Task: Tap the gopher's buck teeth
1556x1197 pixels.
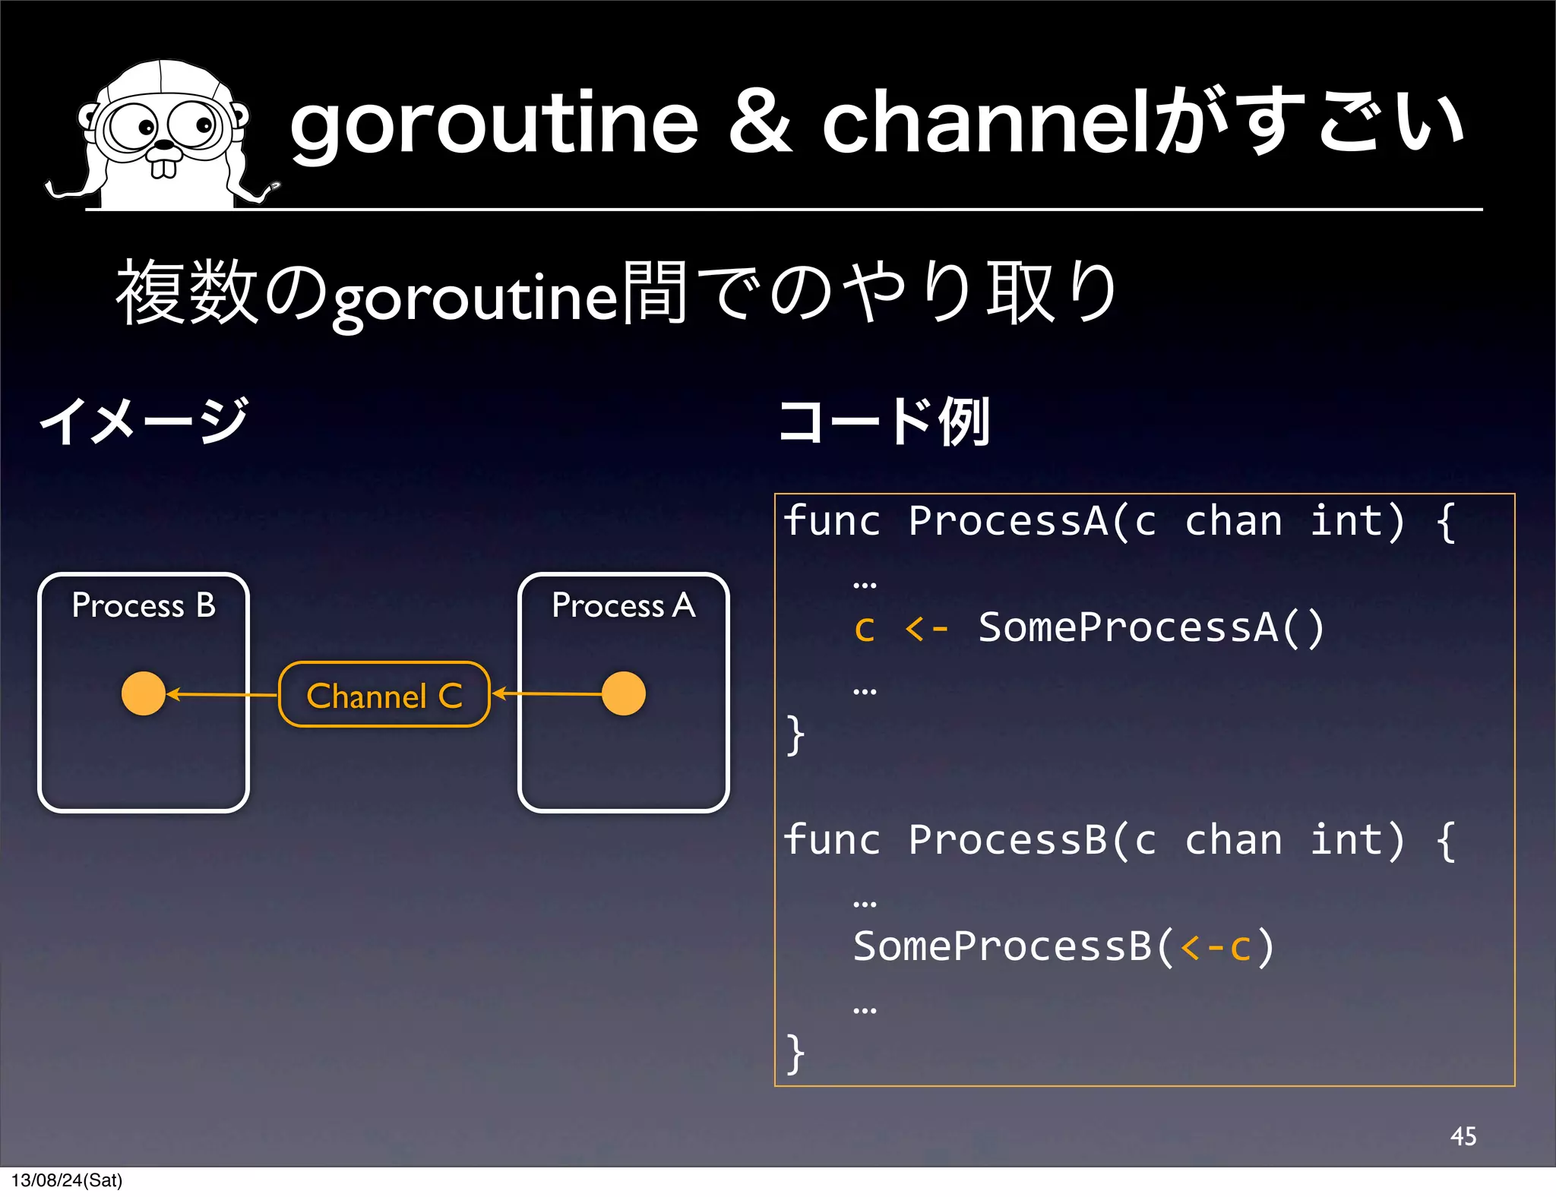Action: [x=163, y=167]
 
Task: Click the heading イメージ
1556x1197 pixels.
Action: [x=144, y=422]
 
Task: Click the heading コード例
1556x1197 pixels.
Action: [x=885, y=422]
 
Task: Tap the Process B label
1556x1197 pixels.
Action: [x=144, y=605]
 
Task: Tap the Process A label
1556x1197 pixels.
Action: [x=624, y=605]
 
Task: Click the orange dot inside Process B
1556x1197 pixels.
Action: [x=144, y=693]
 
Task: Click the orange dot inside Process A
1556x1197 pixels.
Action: [x=624, y=693]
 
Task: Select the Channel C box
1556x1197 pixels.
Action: [x=384, y=695]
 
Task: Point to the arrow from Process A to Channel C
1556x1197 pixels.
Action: [x=547, y=693]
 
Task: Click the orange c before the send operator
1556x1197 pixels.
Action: [x=865, y=629]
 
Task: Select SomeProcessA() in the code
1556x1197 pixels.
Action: [x=1151, y=627]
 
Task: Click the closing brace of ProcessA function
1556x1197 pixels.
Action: [x=795, y=735]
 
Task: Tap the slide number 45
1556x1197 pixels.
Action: [x=1463, y=1136]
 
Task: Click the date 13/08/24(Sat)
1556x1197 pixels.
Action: [x=67, y=1180]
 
